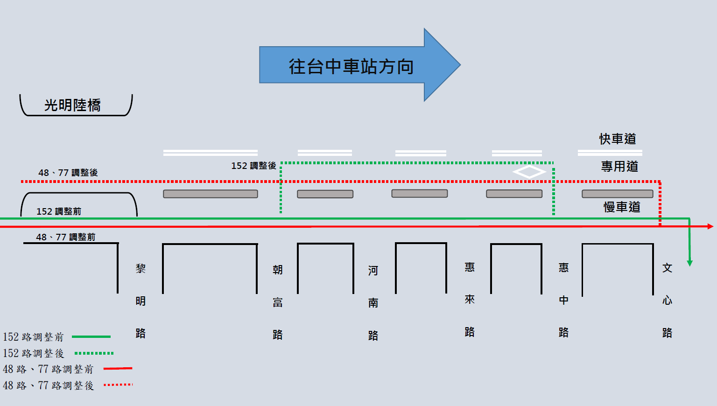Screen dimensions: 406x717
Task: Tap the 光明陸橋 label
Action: [72, 105]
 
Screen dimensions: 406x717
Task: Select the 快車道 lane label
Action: [618, 139]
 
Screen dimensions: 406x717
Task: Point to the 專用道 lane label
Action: [619, 166]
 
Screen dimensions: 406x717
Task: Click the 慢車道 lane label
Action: [622, 207]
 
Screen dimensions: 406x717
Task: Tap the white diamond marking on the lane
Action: [529, 172]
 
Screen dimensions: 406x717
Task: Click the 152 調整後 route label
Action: [253, 166]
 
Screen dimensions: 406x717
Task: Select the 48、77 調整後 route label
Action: [68, 173]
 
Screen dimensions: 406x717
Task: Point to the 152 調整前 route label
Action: [59, 211]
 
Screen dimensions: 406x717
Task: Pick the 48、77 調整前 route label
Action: [66, 237]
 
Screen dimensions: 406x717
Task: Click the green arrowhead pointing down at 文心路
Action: [690, 263]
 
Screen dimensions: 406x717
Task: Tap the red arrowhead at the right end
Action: [710, 226]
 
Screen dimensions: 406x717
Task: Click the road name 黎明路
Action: [141, 301]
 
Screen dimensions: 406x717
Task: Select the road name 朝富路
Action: [278, 302]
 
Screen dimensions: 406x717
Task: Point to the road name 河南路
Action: [373, 303]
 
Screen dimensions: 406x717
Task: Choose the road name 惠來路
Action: [470, 299]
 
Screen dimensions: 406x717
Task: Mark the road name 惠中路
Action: [564, 300]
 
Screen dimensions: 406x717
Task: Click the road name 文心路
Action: [668, 300]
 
